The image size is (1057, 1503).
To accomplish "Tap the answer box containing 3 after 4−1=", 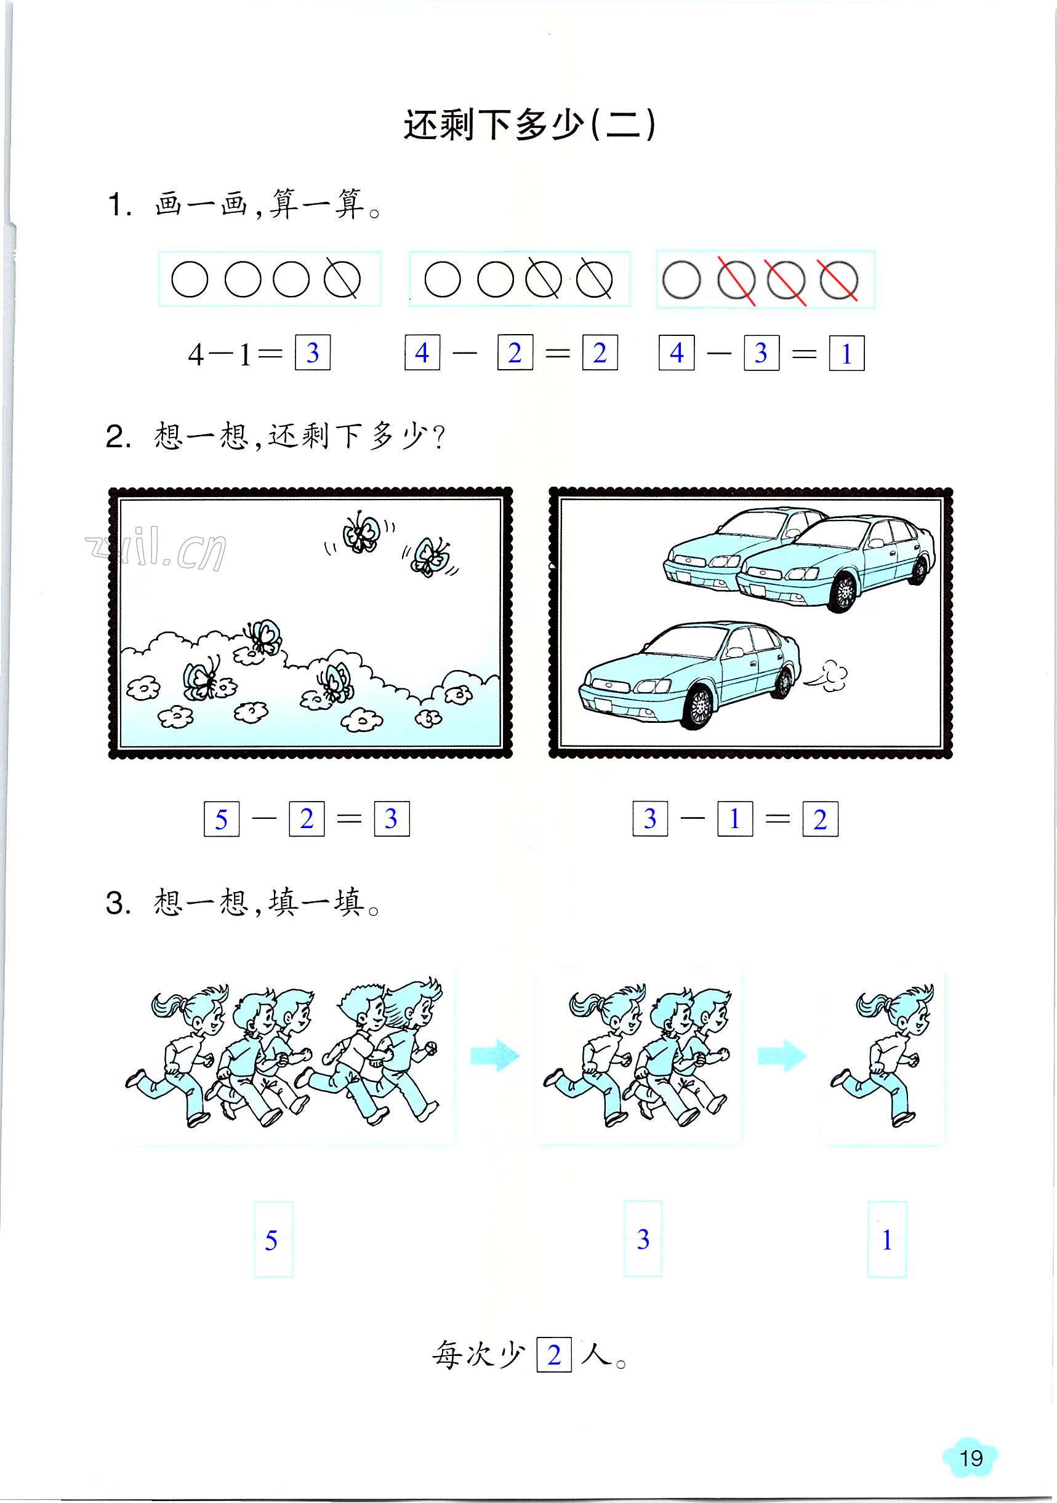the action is coord(312,353).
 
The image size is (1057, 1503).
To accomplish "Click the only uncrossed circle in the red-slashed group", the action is coord(681,280).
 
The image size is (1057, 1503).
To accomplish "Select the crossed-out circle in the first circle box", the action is coord(342,279).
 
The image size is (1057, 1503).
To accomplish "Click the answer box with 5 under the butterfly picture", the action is coord(222,818).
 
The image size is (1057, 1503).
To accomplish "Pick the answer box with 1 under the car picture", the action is coord(735,818).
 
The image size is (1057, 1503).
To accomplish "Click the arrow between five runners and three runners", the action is coord(494,1055).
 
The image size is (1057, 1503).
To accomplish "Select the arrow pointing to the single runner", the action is coord(781,1055).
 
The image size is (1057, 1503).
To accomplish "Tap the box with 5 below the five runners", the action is coord(273,1240).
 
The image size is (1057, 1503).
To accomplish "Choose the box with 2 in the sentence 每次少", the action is coord(554,1353).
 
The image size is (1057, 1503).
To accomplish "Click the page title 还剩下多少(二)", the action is coord(529,124).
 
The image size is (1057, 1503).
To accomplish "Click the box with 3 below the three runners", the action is coord(643,1238).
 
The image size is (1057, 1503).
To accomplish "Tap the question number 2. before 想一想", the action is coord(119,437).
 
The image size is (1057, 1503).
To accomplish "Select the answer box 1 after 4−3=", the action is coord(846,354).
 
